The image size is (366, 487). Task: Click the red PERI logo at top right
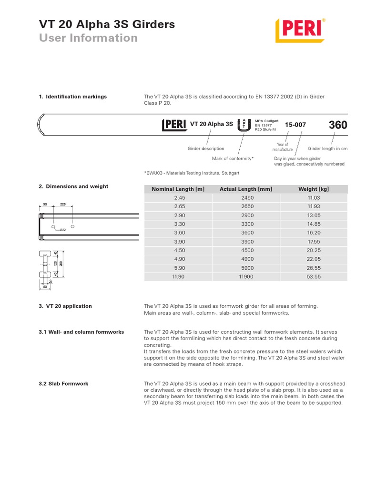[x=301, y=30]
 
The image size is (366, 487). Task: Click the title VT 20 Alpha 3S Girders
[x=106, y=24]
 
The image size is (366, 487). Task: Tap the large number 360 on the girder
[x=337, y=125]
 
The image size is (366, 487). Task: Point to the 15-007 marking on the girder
[x=295, y=125]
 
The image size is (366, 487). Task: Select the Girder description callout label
[x=206, y=149]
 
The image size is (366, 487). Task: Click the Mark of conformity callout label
[x=233, y=158]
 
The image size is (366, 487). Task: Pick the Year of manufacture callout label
[x=283, y=147]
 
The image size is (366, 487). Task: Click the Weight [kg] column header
[x=313, y=189]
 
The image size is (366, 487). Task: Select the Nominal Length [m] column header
[x=178, y=189]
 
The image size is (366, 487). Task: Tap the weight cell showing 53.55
[x=313, y=276]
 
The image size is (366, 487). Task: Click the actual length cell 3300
[x=245, y=224]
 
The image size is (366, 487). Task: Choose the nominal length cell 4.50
[x=178, y=250]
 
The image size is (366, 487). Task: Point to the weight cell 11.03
[x=313, y=197]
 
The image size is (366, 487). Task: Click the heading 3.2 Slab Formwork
[x=63, y=383]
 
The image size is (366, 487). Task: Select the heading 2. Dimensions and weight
[x=73, y=186]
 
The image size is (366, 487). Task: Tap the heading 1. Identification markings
[x=72, y=97]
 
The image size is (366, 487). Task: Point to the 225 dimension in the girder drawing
[x=62, y=205]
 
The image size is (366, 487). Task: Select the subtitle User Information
[x=88, y=38]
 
